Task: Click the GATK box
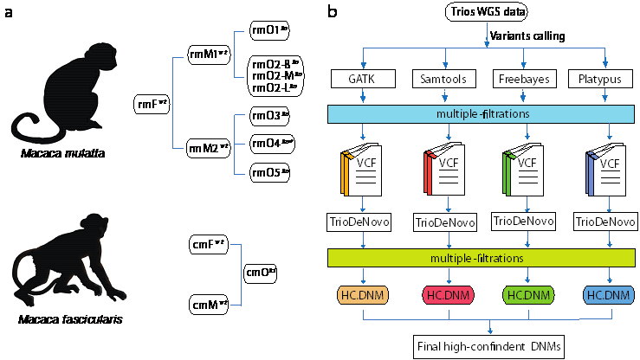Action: click(x=359, y=80)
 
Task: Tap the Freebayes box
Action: click(x=521, y=80)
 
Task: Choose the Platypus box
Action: click(x=598, y=80)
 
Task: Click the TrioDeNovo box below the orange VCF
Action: click(x=359, y=222)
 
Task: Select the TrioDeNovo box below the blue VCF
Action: click(x=604, y=222)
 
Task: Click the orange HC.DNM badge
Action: click(x=361, y=295)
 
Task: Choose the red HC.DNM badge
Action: click(x=445, y=295)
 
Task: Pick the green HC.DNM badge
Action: click(x=523, y=295)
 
